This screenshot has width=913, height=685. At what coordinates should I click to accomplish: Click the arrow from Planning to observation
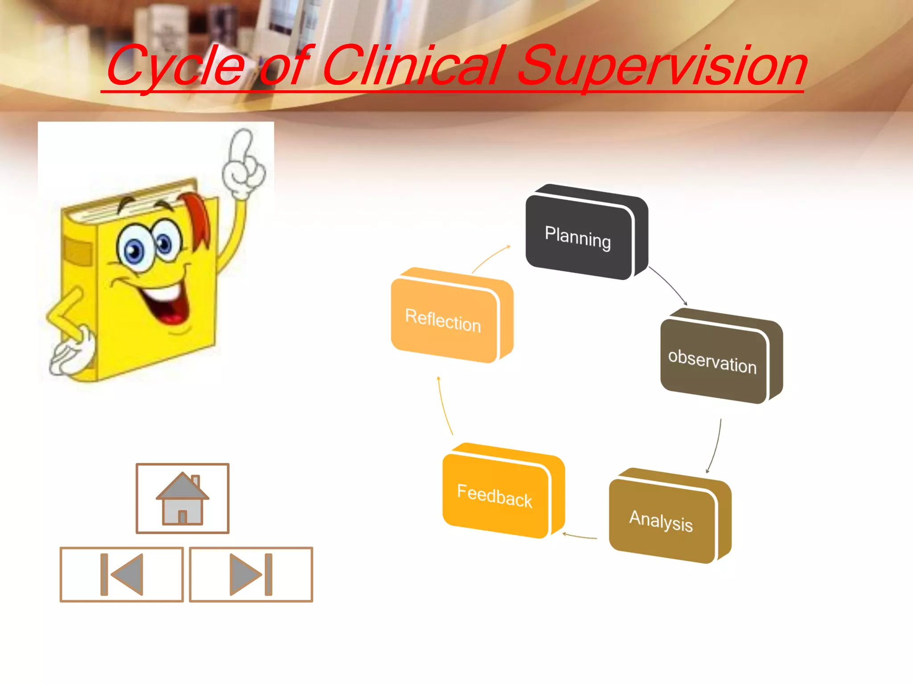(669, 285)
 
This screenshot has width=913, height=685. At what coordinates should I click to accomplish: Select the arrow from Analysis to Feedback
(580, 536)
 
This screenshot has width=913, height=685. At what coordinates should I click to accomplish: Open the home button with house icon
(182, 498)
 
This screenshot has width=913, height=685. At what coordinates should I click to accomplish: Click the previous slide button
(122, 574)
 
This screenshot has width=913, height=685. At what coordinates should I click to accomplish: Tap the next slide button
(251, 574)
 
